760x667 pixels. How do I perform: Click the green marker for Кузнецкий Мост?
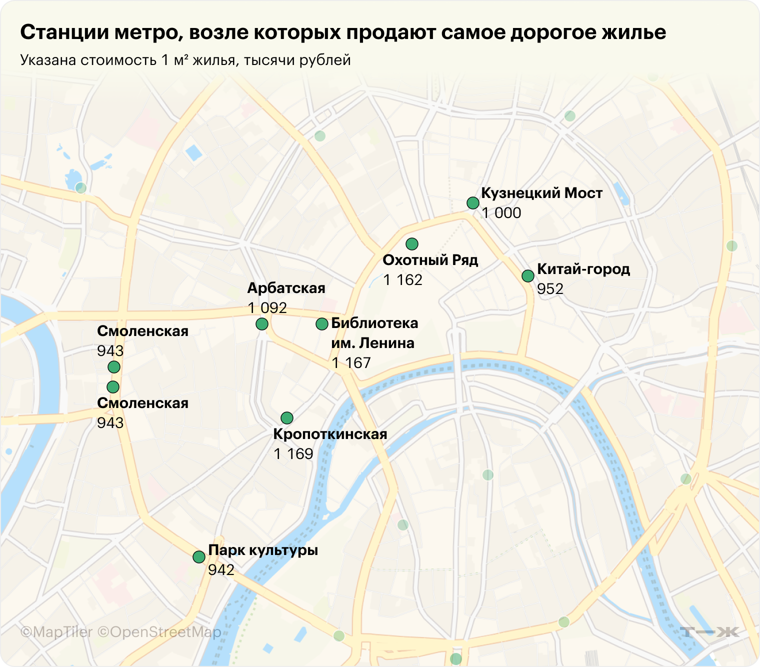click(x=472, y=203)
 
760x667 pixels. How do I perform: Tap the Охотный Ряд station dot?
click(x=411, y=244)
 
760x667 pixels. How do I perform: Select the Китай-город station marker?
click(x=527, y=276)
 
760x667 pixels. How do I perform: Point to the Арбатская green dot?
click(x=261, y=324)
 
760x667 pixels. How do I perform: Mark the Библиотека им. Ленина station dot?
click(x=322, y=324)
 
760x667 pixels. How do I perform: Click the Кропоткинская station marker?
click(x=286, y=418)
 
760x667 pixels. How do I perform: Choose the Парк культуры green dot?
click(x=199, y=557)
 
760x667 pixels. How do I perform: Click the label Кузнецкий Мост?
click(x=541, y=193)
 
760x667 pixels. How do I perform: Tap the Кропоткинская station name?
click(x=330, y=434)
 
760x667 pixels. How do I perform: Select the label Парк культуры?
click(x=263, y=550)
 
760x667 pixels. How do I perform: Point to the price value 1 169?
click(x=293, y=454)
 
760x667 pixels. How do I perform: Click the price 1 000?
click(x=501, y=213)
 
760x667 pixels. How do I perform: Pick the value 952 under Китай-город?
click(x=550, y=289)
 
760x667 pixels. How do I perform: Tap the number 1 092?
click(x=267, y=308)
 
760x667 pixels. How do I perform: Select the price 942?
click(x=221, y=570)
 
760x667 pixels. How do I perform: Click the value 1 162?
click(x=402, y=280)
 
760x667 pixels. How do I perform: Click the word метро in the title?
click(x=147, y=32)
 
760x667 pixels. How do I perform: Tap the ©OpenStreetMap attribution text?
click(x=159, y=632)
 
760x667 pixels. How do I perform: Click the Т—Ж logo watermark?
click(x=709, y=632)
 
